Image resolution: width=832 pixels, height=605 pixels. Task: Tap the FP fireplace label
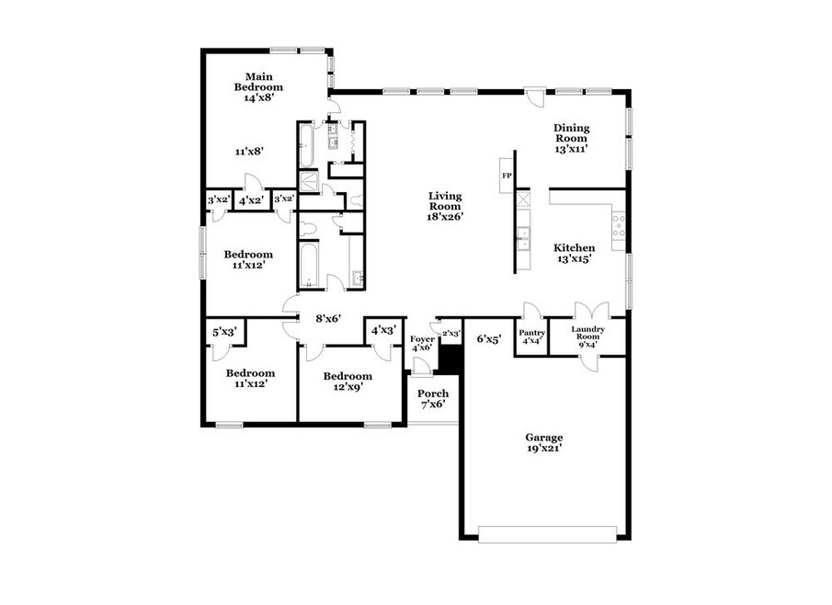[x=507, y=176]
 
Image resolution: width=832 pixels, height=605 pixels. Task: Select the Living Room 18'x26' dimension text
[x=446, y=216]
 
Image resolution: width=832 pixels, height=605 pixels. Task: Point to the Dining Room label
[x=572, y=132]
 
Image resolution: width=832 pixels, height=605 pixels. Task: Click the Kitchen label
[x=574, y=248]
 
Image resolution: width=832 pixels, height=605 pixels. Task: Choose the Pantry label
[x=531, y=333]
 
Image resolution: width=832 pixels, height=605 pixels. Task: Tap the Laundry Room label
[x=588, y=333]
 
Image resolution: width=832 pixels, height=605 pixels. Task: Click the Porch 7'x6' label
[x=433, y=399]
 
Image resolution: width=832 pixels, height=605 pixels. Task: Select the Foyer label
[x=422, y=339]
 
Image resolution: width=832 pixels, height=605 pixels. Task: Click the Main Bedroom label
[x=259, y=82]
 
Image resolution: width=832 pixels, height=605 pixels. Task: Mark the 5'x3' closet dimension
[x=224, y=332]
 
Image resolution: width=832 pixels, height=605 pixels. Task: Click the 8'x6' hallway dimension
[x=328, y=318]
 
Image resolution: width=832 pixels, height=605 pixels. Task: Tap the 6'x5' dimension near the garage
[x=489, y=339]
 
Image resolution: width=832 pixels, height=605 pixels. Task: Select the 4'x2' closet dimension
[x=251, y=200]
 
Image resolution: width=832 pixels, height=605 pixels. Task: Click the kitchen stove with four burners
[x=618, y=225]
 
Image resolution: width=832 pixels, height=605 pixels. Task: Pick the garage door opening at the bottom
[x=548, y=534]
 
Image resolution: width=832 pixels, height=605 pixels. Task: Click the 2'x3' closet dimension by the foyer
[x=451, y=333]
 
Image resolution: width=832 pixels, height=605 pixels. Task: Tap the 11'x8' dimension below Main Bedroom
[x=249, y=152]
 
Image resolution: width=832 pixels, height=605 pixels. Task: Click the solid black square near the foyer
[x=451, y=360]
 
